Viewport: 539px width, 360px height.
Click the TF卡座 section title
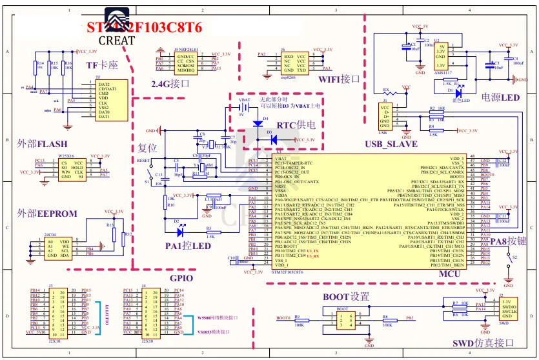pyautogui.click(x=102, y=65)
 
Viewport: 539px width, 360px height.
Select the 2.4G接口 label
pyautogui.click(x=170, y=83)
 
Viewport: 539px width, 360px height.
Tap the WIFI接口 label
pyautogui.click(x=339, y=79)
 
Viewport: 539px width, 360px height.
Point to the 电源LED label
pyautogui.click(x=500, y=97)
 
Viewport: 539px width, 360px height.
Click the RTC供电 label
pyautogui.click(x=296, y=125)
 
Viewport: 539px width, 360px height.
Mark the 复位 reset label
pyautogui.click(x=147, y=147)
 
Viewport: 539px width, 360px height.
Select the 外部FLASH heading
pyautogui.click(x=42, y=143)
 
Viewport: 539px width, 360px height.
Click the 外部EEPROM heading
pyautogui.click(x=47, y=213)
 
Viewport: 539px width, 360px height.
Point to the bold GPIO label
pyautogui.click(x=181, y=278)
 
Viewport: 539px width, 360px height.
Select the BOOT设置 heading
pyautogui.click(x=345, y=297)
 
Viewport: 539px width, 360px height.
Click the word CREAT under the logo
pyautogui.click(x=117, y=40)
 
